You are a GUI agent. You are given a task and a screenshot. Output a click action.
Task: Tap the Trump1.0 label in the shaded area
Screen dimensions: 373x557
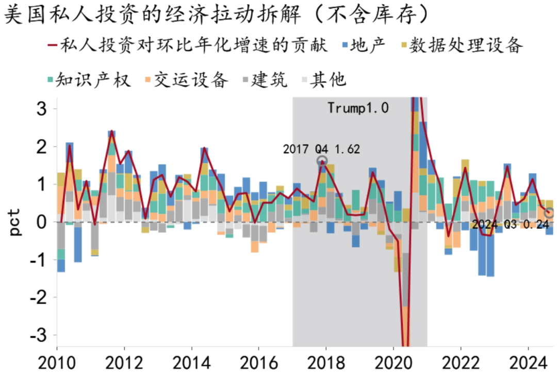tap(358, 108)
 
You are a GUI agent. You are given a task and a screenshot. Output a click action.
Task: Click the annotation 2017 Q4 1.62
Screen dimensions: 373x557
tap(321, 149)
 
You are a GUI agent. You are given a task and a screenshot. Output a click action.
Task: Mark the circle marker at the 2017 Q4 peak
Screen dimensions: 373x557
tap(322, 161)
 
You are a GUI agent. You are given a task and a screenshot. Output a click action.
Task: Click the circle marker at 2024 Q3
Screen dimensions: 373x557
tap(549, 213)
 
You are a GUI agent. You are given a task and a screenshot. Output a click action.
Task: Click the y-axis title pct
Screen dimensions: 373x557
tap(15, 222)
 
